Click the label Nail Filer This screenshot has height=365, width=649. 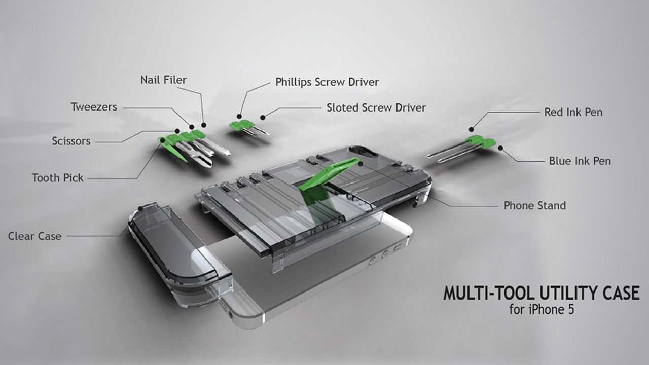tap(163, 80)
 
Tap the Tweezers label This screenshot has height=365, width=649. tap(94, 107)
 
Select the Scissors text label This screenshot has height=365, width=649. tap(71, 141)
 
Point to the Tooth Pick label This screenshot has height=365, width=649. tap(57, 178)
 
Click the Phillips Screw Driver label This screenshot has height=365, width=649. tap(327, 82)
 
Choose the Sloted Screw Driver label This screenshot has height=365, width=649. tap(376, 107)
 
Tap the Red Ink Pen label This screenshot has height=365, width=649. tap(573, 112)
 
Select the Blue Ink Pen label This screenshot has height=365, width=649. tap(580, 161)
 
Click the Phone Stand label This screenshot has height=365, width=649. tap(534, 205)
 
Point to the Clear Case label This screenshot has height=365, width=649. tap(34, 236)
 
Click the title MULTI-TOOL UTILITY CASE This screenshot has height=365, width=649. tap(541, 294)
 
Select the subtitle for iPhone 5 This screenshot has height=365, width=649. tap(541, 310)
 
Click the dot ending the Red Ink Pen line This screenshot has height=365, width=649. tap(471, 129)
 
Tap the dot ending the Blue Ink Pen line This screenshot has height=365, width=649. tap(500, 148)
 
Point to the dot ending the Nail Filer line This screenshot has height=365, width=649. tap(204, 124)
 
